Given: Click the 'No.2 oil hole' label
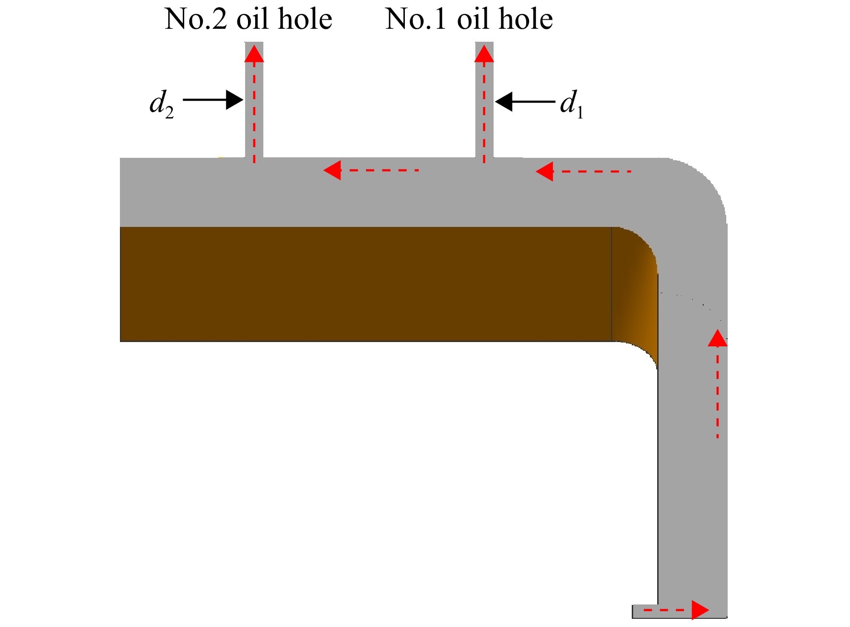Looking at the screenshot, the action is click(248, 19).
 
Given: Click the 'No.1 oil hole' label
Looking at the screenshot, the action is click(469, 19).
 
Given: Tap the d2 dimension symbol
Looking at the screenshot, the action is click(162, 104).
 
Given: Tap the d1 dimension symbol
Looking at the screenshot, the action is click(572, 104).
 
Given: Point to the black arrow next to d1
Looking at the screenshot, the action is click(525, 102).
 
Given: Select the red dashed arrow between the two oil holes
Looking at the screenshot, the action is click(371, 170).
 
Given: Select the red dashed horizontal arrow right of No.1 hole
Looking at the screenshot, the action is click(583, 171).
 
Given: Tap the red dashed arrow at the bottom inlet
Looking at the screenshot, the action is click(676, 610).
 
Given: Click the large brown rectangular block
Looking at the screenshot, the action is click(366, 284).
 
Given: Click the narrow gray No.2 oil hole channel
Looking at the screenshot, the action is click(254, 100).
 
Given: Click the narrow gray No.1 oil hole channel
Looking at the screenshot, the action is click(484, 100).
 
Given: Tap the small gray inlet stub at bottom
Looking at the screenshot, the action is click(645, 611).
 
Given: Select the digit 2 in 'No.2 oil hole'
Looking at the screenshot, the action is click(220, 20).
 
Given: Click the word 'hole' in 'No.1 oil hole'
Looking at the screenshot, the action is click(526, 19).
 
